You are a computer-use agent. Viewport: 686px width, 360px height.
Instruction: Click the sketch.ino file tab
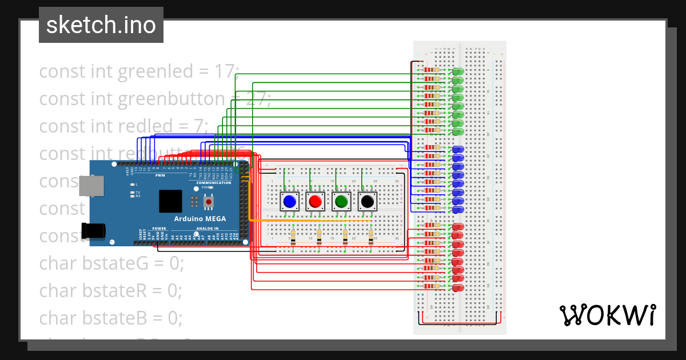(x=101, y=25)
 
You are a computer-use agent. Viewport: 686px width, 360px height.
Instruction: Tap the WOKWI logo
(x=607, y=315)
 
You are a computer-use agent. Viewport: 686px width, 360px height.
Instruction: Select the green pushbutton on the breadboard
(x=342, y=201)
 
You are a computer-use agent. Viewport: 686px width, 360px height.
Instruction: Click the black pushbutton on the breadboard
(x=368, y=201)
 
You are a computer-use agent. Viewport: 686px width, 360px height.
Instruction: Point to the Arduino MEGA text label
(x=200, y=219)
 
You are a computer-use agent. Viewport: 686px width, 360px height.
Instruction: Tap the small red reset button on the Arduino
(x=209, y=202)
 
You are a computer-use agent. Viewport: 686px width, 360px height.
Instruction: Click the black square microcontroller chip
(x=170, y=201)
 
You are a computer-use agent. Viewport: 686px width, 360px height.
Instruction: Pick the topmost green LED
(x=457, y=73)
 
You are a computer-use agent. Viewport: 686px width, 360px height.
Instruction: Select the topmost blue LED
(x=458, y=150)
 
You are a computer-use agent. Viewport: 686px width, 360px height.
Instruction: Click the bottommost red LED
(x=458, y=289)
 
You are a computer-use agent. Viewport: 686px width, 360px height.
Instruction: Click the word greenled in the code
(x=155, y=71)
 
